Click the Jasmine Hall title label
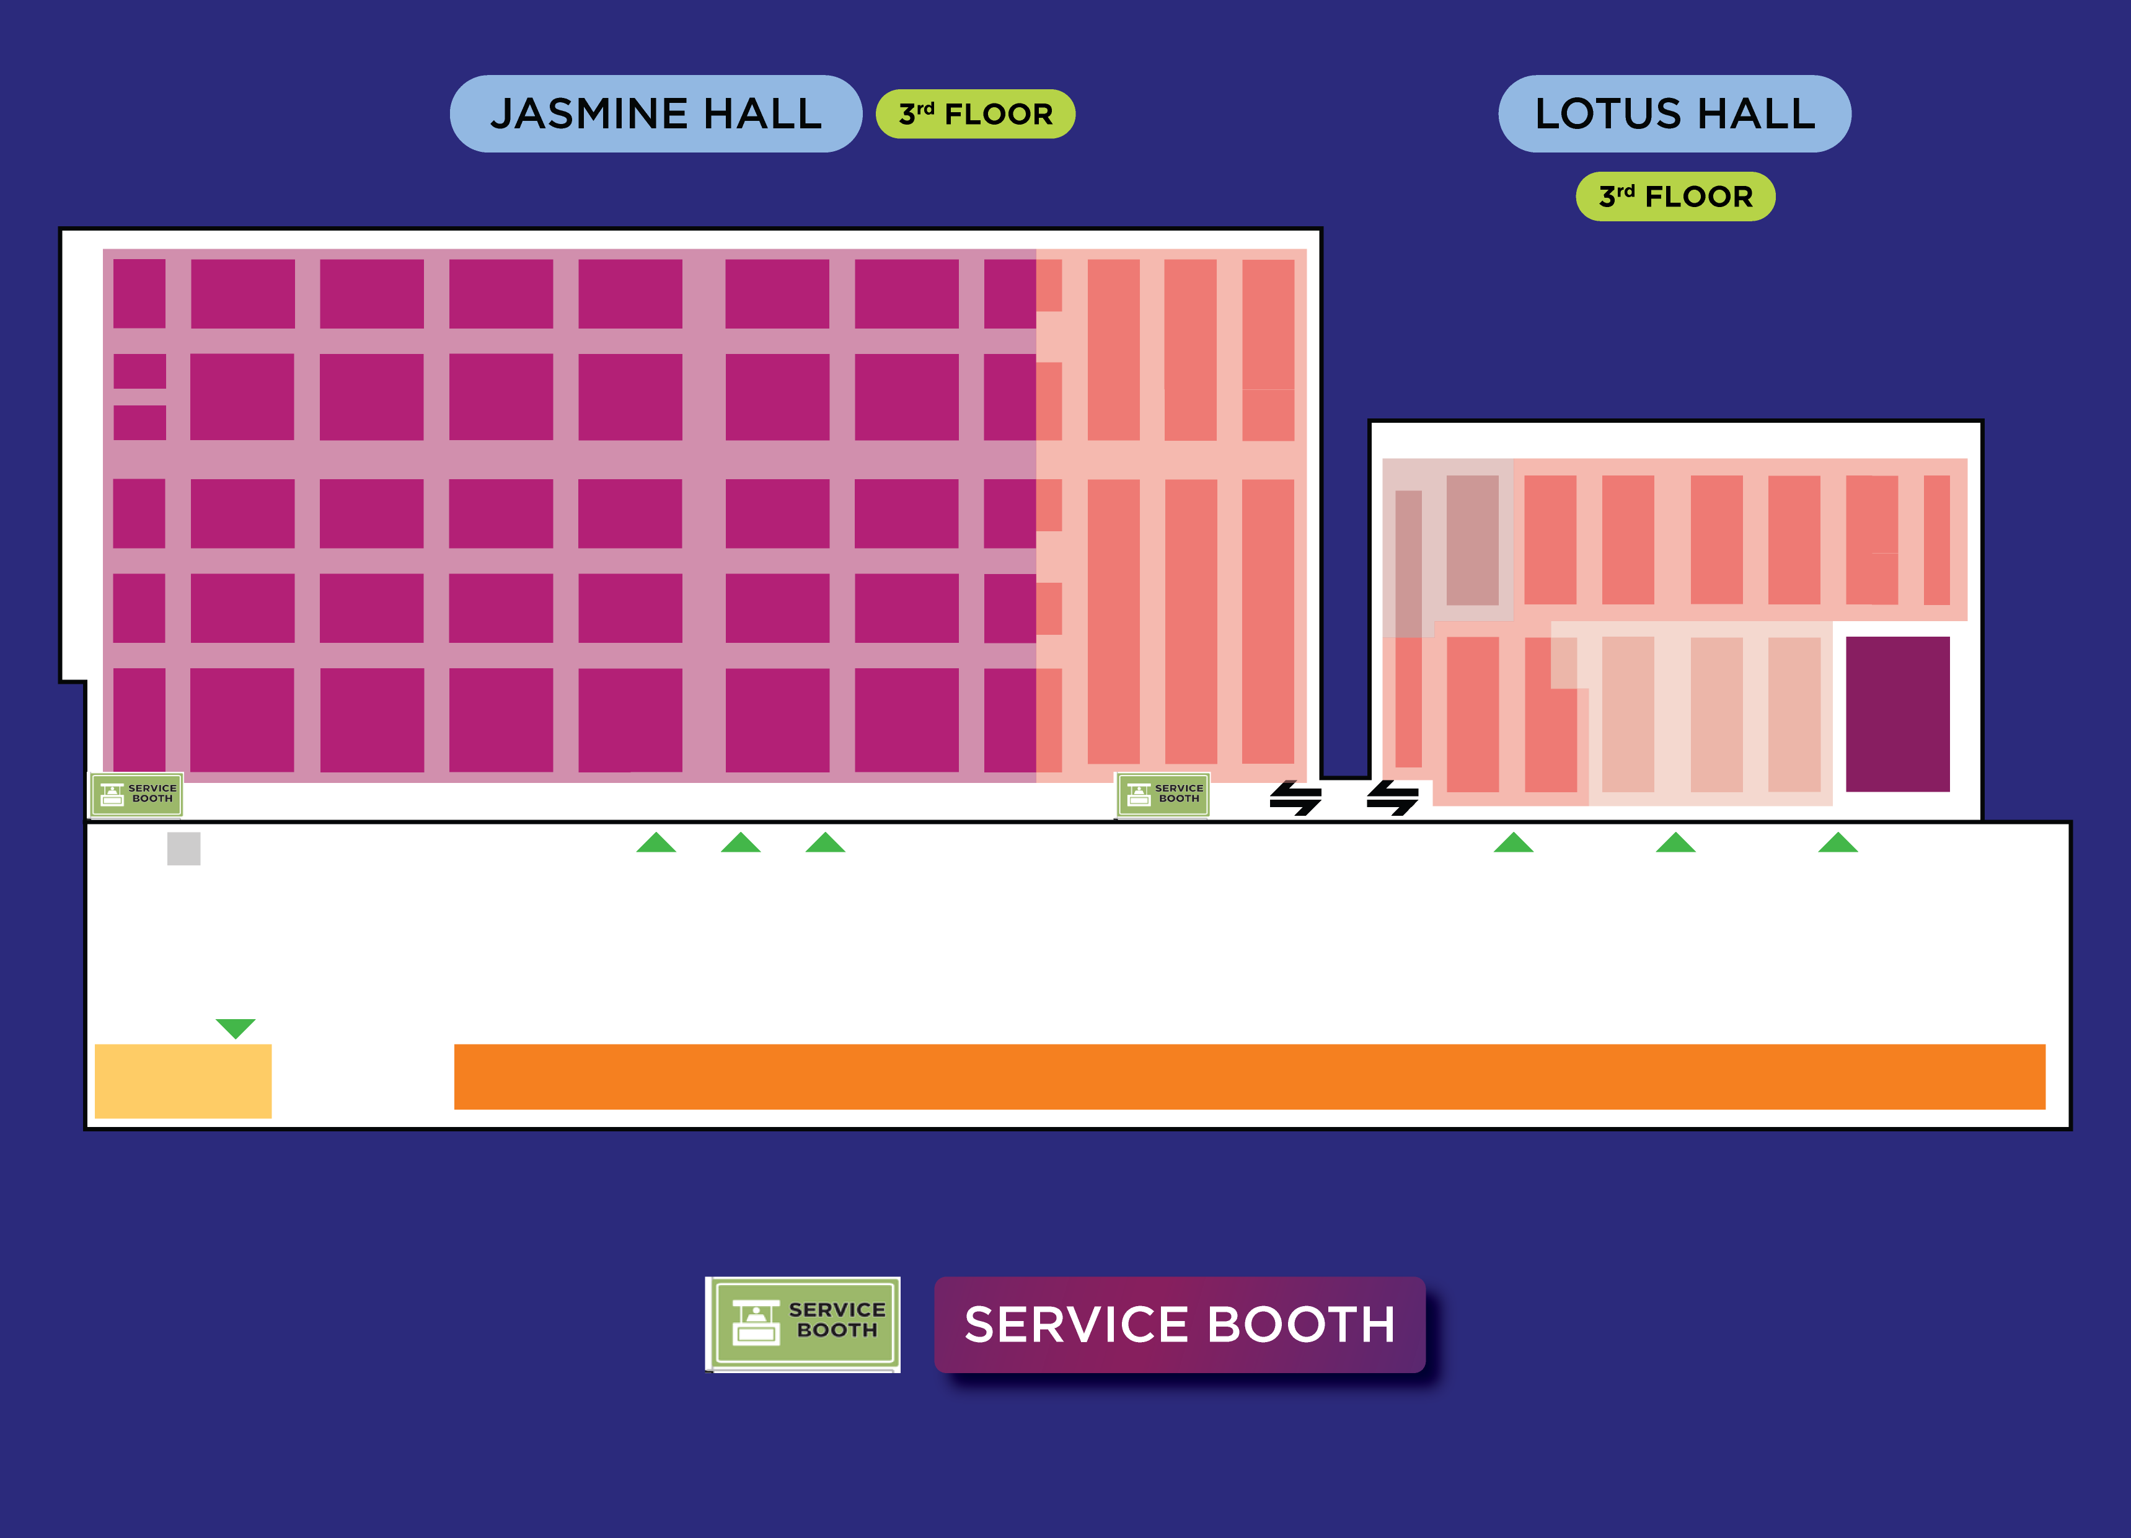tap(656, 113)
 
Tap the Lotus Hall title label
tap(1674, 113)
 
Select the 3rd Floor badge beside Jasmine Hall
tap(975, 113)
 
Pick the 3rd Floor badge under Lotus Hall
tap(1675, 197)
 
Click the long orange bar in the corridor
tap(1250, 1077)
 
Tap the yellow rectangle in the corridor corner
tap(183, 1081)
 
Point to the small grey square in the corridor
tap(184, 849)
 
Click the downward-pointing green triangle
tap(236, 1028)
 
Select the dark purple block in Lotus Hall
tap(1897, 714)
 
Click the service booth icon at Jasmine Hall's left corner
tap(136, 795)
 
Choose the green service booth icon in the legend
tap(803, 1324)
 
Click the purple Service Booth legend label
tap(1179, 1324)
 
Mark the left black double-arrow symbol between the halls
tap(1295, 798)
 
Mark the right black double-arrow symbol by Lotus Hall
tap(1393, 798)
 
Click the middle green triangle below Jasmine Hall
tap(741, 842)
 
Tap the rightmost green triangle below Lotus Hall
tap(1838, 842)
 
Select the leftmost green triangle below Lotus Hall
tap(1514, 842)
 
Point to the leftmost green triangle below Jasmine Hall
tap(656, 842)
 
